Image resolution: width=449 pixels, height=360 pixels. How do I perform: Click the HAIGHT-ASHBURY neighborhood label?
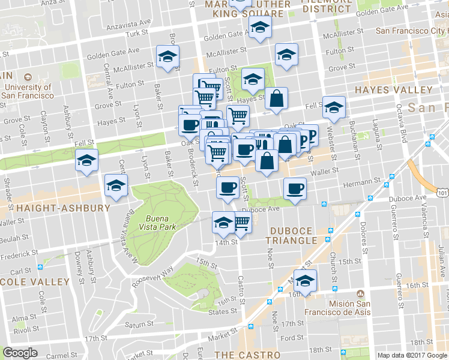(x=55, y=208)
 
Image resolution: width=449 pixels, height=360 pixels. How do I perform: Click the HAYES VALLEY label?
(x=393, y=90)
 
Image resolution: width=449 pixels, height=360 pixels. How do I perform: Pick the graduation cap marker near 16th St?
(x=306, y=281)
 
